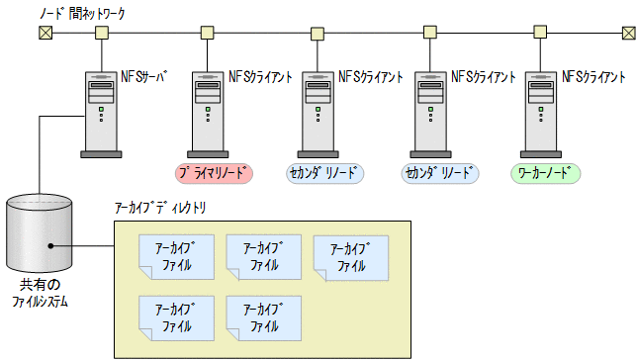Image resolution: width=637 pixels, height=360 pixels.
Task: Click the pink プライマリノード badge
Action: pyautogui.click(x=214, y=173)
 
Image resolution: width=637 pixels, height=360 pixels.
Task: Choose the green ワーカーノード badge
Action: pyautogui.click(x=546, y=173)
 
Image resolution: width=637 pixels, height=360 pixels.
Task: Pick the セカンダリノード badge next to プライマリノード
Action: pyautogui.click(x=325, y=173)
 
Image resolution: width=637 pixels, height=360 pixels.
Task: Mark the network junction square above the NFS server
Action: pyautogui.click(x=101, y=34)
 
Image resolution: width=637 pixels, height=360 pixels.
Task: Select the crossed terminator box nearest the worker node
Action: pyautogui.click(x=628, y=34)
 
